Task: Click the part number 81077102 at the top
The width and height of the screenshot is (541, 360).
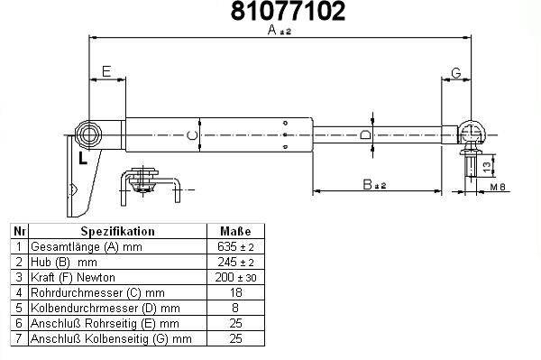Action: [x=288, y=11]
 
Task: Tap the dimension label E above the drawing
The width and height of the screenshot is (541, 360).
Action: [x=106, y=71]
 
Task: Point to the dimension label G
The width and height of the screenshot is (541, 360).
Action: [x=456, y=73]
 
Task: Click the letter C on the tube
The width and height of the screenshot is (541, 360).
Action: [x=192, y=135]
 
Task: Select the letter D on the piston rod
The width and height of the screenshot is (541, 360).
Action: [x=365, y=134]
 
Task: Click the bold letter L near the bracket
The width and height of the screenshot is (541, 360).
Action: [x=83, y=159]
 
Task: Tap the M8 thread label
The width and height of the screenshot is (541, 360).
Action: [x=498, y=187]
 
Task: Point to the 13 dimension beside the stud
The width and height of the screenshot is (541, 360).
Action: [x=487, y=167]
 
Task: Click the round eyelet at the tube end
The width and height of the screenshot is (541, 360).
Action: [x=88, y=135]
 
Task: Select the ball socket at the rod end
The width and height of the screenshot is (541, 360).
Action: [x=472, y=133]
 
